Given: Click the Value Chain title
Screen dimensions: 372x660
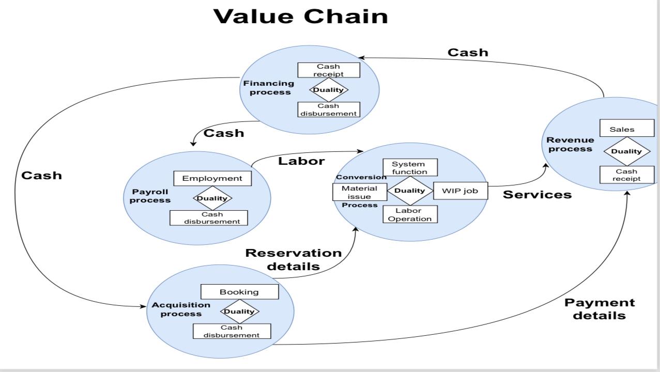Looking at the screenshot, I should coord(301,16).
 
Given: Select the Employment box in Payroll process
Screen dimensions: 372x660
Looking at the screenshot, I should coord(212,178).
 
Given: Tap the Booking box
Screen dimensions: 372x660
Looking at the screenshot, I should coord(239,292).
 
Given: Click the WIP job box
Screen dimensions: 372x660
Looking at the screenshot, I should coord(460,191).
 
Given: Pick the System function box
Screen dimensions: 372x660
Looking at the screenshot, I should coord(410,167).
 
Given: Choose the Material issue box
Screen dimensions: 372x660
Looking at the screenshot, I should coord(359,192).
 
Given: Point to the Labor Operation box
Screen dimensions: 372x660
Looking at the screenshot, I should coord(410,214).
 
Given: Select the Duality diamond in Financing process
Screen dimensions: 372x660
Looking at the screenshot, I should coord(329,89).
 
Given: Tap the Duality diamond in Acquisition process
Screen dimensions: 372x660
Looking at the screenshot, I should coord(239,311).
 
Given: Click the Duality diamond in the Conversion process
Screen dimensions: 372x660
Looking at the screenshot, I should coord(410,190).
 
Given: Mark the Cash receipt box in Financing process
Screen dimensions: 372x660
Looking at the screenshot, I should coord(329,70).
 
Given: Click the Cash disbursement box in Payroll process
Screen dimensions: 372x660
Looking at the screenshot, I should coord(209,218).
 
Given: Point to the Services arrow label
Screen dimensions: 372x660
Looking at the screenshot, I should coord(537,195).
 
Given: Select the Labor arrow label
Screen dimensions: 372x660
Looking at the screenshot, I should coord(301,161).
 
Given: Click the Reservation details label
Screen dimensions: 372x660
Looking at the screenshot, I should coord(293,260).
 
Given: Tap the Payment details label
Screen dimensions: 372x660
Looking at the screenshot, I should coord(600,309).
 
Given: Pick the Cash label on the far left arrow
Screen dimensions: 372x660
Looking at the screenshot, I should coord(41,175).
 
